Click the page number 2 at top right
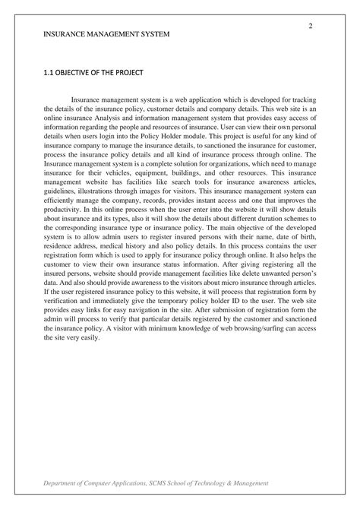click(x=311, y=27)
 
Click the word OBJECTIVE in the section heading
click(x=81, y=73)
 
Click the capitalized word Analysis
click(x=125, y=118)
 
